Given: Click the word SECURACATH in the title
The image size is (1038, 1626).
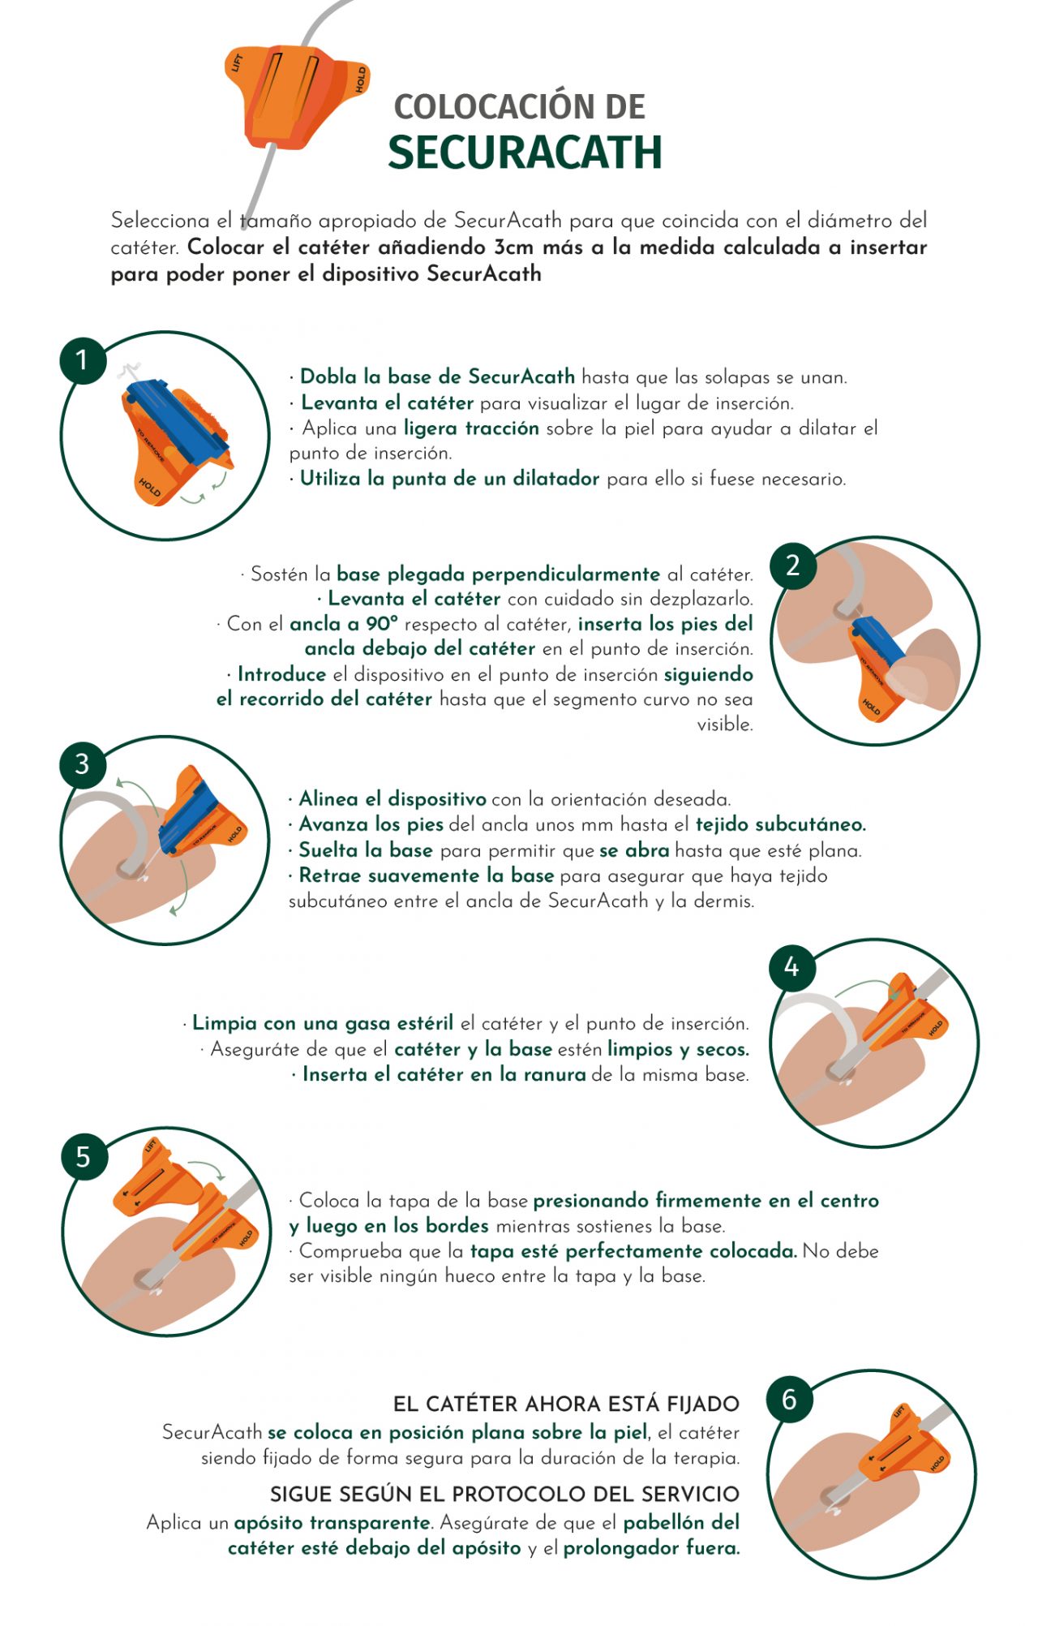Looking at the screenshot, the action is pyautogui.click(x=525, y=153).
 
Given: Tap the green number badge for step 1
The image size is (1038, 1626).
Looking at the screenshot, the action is pyautogui.click(x=83, y=359).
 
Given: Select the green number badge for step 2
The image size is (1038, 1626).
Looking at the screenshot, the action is pyautogui.click(x=792, y=565).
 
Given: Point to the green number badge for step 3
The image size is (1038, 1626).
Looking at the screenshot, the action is pyautogui.click(x=83, y=764).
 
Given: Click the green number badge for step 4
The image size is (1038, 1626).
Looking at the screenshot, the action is pyautogui.click(x=791, y=967).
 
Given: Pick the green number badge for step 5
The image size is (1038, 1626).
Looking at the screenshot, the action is pyautogui.click(x=84, y=1156).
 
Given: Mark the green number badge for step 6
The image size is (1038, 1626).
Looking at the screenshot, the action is pyautogui.click(x=789, y=1399).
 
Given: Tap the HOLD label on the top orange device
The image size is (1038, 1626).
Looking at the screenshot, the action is pyautogui.click(x=361, y=80).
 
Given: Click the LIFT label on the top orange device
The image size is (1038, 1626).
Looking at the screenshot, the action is pyautogui.click(x=238, y=62).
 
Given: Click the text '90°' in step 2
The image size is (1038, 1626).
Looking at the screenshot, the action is pyautogui.click(x=381, y=623).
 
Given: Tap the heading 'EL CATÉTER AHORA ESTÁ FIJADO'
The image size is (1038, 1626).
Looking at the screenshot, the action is pyautogui.click(x=566, y=1404).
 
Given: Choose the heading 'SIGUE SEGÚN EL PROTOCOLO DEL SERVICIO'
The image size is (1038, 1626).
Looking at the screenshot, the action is pyautogui.click(x=504, y=1494).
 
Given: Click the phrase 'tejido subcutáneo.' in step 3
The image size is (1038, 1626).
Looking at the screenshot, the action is pyautogui.click(x=781, y=824).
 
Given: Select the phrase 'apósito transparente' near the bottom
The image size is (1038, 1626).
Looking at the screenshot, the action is pyautogui.click(x=332, y=1523).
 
